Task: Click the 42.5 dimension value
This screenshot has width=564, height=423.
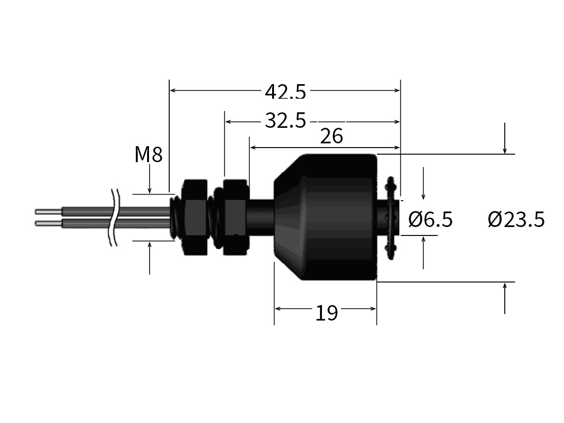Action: (285, 92)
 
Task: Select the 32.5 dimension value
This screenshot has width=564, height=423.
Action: (285, 121)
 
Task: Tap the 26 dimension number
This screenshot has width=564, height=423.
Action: (331, 136)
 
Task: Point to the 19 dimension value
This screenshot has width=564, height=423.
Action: (326, 313)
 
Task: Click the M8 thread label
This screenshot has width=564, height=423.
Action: (148, 155)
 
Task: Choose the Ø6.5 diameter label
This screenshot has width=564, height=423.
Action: (430, 219)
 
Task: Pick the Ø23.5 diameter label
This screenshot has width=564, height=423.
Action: (516, 219)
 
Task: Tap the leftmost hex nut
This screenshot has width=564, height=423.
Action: (194, 218)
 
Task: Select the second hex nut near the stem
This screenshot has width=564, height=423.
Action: (234, 218)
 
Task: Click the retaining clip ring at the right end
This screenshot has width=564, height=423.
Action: (390, 217)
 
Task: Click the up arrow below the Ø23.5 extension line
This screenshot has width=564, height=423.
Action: (505, 287)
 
